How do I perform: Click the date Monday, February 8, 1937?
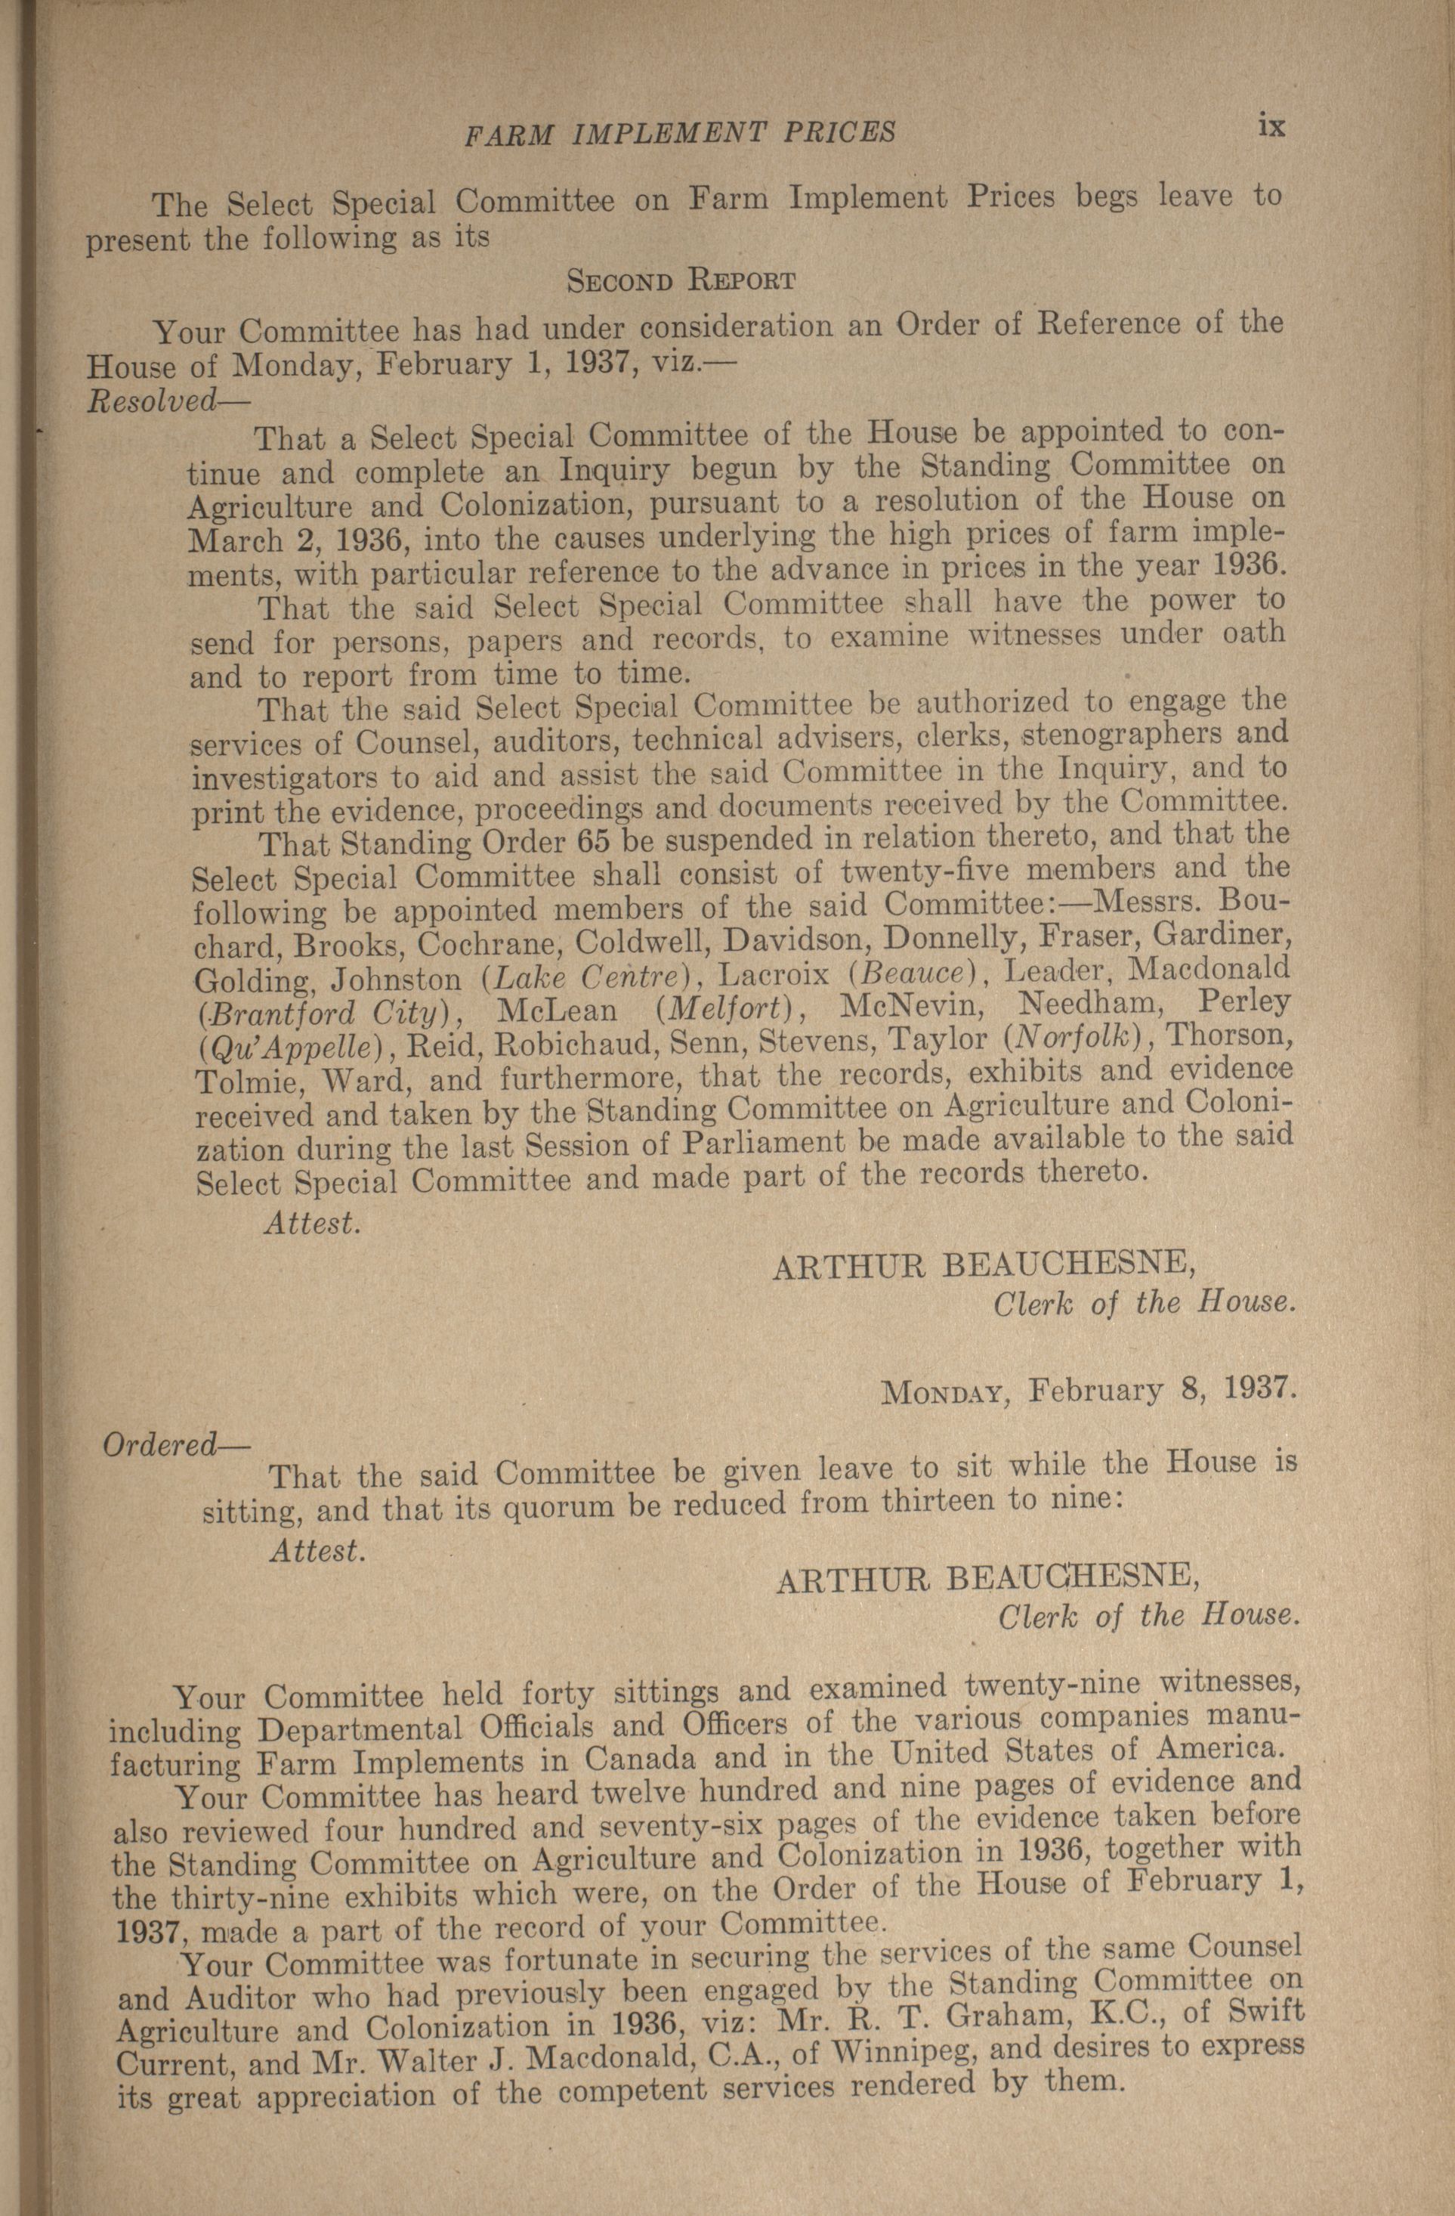[x=1087, y=1391]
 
